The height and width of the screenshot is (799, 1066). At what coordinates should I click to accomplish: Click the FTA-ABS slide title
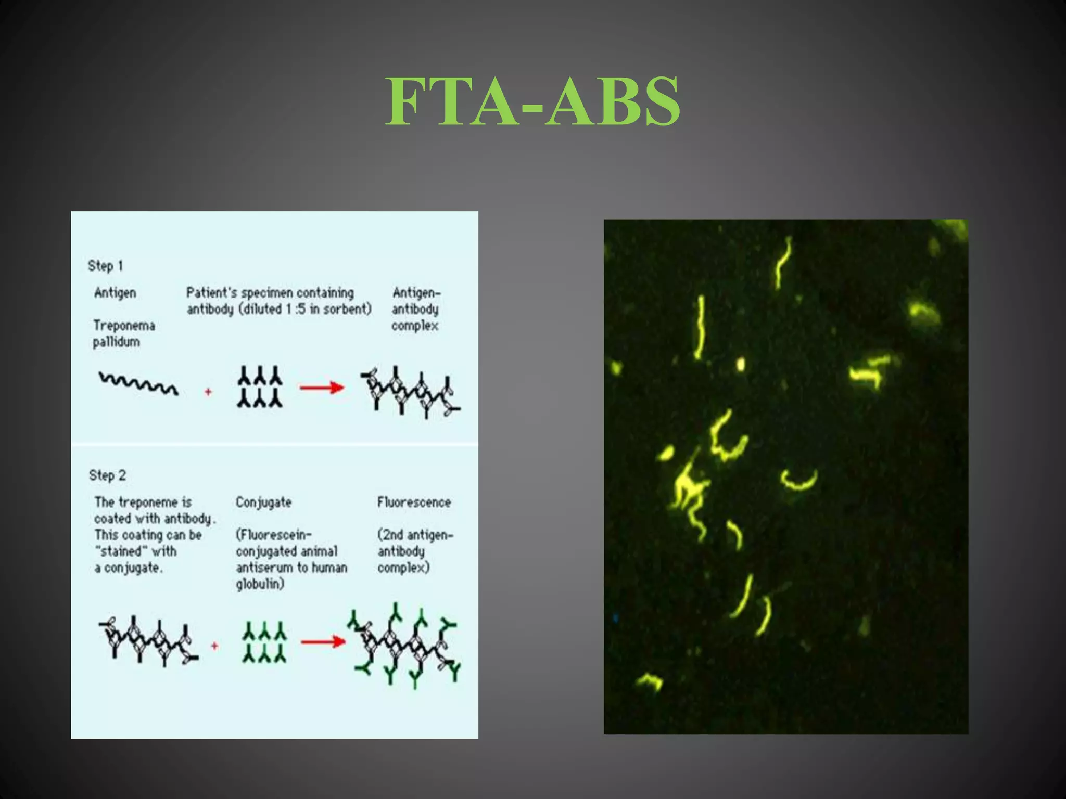532,101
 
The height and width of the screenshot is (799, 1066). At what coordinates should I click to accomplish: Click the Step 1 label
106,266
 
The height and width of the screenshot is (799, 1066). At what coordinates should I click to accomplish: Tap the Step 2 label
107,475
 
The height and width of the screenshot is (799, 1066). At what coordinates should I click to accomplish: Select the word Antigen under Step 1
115,293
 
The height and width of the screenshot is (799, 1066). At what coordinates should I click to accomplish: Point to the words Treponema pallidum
123,333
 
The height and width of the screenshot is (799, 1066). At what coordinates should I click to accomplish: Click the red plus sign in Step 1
208,392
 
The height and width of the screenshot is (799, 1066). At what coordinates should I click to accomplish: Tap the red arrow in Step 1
322,388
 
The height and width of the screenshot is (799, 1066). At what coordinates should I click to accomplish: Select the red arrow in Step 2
323,641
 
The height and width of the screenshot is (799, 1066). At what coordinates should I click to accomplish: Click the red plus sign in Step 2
214,646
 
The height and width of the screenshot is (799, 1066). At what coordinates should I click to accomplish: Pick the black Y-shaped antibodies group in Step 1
260,386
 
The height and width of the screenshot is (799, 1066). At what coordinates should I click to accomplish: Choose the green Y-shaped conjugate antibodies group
264,642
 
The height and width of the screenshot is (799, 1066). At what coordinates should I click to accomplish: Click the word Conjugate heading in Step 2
263,502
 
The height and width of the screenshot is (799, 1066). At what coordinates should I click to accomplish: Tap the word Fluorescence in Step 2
414,502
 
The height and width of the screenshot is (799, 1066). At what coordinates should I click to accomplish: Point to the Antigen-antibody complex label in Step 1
415,309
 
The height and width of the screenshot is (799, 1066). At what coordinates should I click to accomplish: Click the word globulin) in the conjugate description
260,584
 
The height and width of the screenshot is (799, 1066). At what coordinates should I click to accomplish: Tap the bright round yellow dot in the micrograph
740,364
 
